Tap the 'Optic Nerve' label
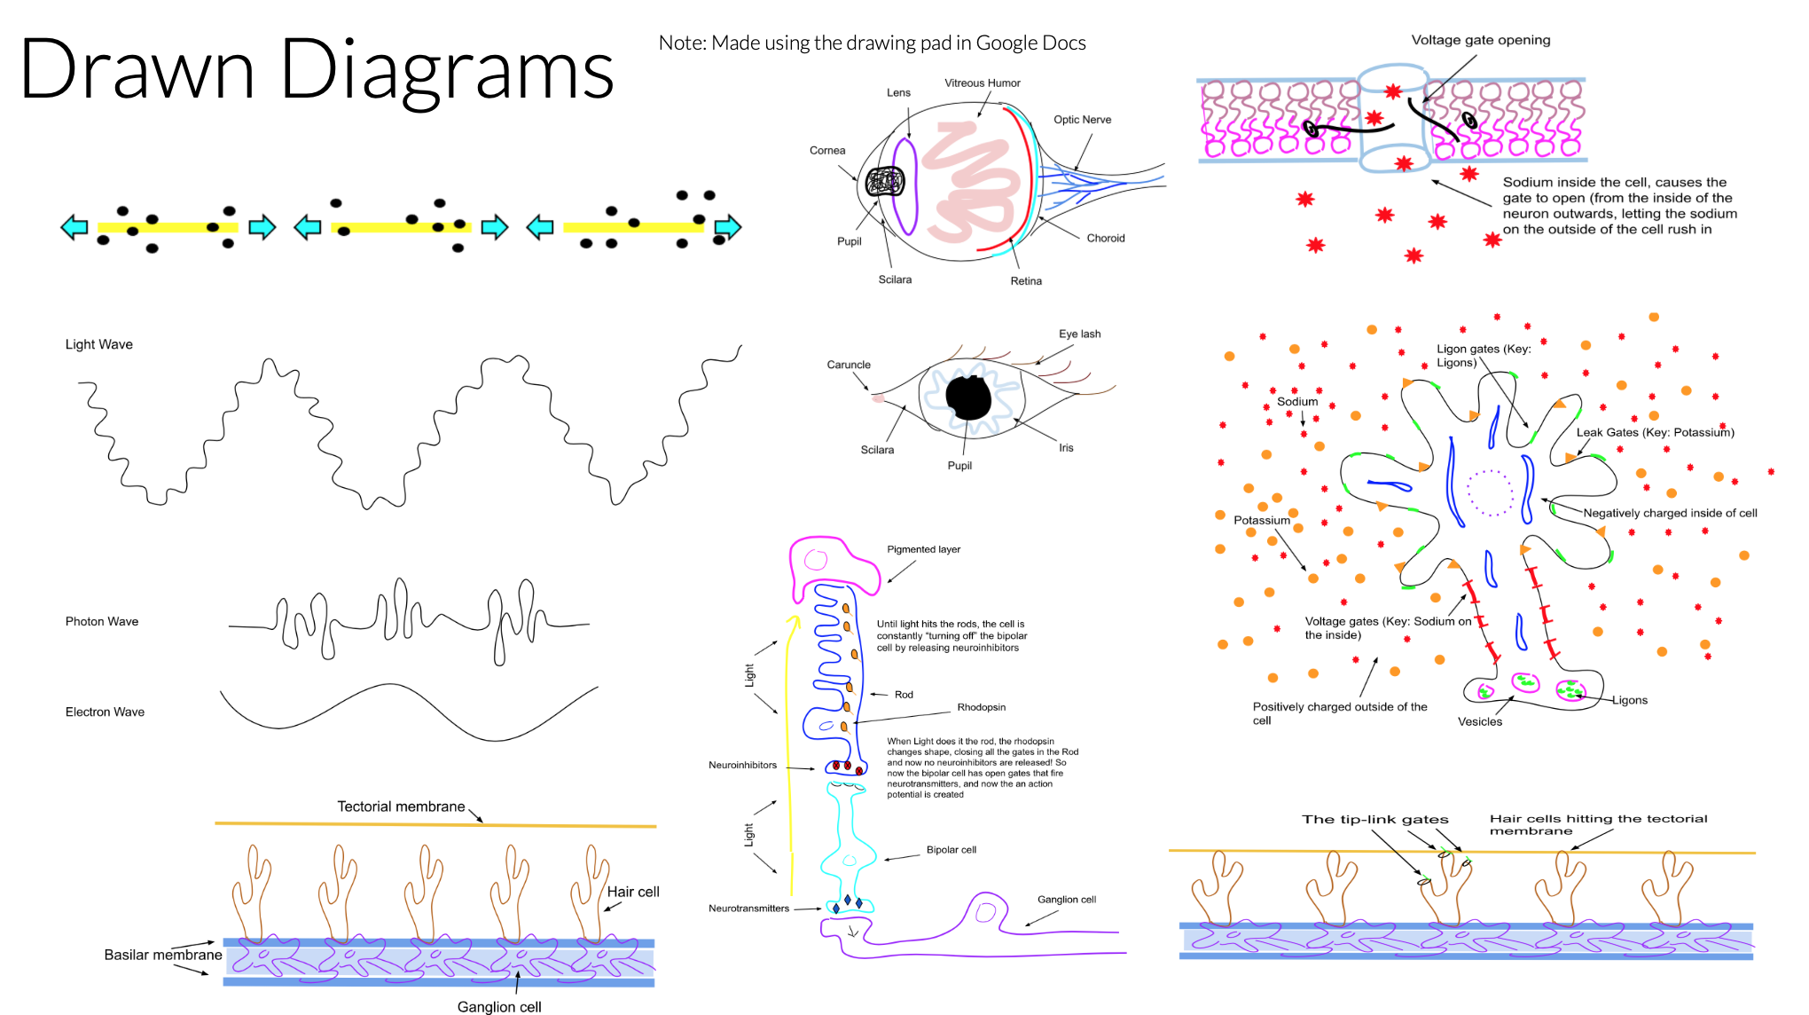[x=1082, y=120]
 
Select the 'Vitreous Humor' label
[x=982, y=83]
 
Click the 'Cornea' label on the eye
[x=826, y=151]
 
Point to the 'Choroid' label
[x=1105, y=239]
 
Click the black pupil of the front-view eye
[x=968, y=398]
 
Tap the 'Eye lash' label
[x=1079, y=334]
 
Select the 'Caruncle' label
[x=848, y=365]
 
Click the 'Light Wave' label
[x=98, y=344]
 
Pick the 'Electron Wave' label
[x=105, y=712]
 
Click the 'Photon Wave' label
[x=101, y=621]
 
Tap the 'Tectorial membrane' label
[x=401, y=806]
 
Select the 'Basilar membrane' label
[x=162, y=955]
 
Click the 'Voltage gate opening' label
[x=1480, y=40]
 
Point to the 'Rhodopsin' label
[x=981, y=707]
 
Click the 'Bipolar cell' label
[x=951, y=850]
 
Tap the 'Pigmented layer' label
[x=923, y=549]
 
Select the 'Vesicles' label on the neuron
[x=1479, y=721]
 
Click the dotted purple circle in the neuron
[x=1490, y=492]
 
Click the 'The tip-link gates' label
[x=1374, y=819]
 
